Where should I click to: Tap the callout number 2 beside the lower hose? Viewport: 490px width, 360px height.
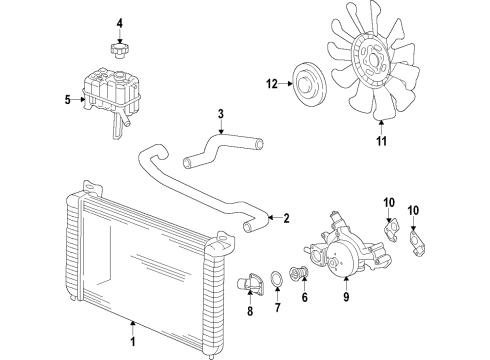click(286, 218)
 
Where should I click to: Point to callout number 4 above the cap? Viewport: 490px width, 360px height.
click(119, 22)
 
